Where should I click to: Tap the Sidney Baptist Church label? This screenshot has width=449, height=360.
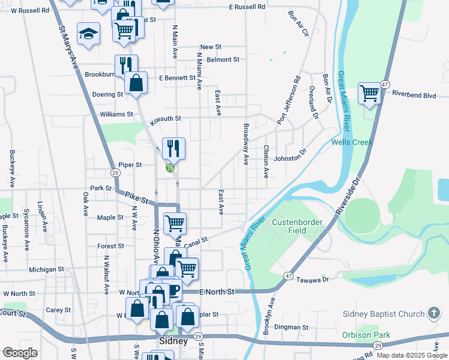(x=383, y=314)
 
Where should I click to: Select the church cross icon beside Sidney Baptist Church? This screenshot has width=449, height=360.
(x=434, y=313)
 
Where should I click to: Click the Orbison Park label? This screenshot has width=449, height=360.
(x=366, y=335)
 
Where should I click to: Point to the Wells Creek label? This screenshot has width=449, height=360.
(x=352, y=142)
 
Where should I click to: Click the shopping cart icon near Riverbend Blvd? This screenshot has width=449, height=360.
(x=369, y=94)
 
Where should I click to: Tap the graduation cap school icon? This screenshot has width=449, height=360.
(x=89, y=34)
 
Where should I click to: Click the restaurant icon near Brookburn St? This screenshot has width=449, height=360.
(x=126, y=64)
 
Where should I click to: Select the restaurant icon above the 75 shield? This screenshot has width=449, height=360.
(x=173, y=148)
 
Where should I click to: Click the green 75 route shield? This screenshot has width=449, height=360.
(x=170, y=169)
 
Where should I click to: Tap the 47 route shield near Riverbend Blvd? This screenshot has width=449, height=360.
(x=385, y=85)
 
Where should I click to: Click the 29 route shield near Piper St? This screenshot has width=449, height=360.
(x=115, y=173)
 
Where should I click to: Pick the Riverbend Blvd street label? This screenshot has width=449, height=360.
(x=418, y=94)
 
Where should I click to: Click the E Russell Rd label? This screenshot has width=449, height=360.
(x=247, y=7)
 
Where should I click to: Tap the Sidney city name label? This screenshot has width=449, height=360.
(x=174, y=341)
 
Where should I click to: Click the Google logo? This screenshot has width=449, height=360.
(x=20, y=353)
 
